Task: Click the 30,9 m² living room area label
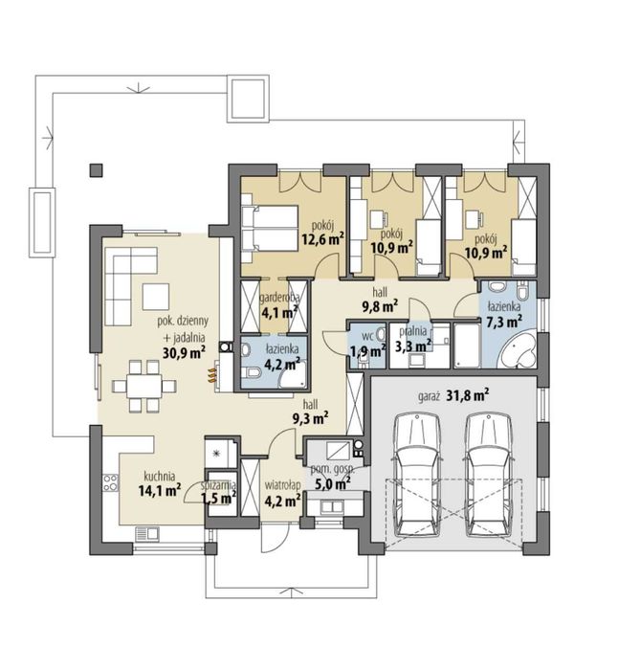coord(184,352)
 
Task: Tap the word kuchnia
coord(160,476)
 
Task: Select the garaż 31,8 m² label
coord(452,395)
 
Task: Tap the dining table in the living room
coord(144,386)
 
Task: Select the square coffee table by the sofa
coord(156,297)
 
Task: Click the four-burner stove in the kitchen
coord(110,482)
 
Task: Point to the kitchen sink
coord(147,533)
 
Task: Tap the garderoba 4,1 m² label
coord(279,305)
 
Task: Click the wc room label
coord(367,336)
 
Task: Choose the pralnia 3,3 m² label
coord(413,339)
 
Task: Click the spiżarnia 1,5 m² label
coord(218,492)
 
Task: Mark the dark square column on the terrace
coord(97,170)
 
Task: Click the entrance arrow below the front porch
coord(293,592)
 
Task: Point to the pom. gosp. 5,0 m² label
coord(332,477)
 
